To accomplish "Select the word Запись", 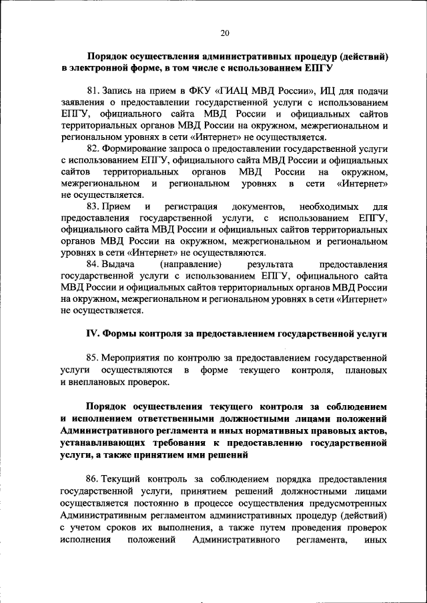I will click(120, 90).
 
